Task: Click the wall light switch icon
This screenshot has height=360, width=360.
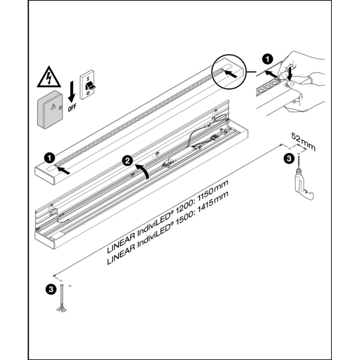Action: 91,85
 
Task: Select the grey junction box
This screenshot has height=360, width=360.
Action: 53,110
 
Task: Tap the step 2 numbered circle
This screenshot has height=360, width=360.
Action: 127,160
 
